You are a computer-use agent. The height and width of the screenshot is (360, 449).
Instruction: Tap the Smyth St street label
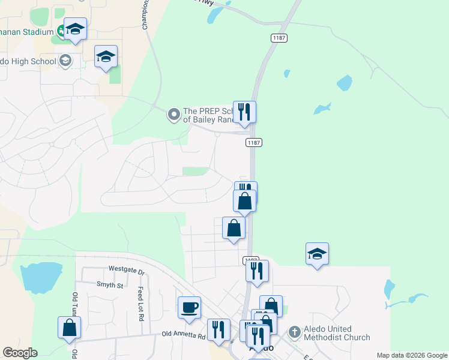point(110,285)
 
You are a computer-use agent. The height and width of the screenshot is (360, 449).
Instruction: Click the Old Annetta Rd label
point(184,335)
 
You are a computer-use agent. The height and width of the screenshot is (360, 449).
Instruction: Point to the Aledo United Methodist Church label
point(337,333)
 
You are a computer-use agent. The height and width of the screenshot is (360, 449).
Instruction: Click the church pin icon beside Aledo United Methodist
point(294,331)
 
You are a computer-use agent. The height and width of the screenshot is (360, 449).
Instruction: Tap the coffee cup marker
point(189,308)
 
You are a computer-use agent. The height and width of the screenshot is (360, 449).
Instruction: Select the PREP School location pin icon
point(174,113)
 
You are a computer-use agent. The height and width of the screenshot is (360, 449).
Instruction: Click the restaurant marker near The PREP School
point(244,112)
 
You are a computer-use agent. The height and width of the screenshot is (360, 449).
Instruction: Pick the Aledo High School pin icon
point(65,61)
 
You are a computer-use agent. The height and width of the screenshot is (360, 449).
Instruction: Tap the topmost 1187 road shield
point(279,38)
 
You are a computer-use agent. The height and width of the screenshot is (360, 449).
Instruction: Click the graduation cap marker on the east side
point(317,254)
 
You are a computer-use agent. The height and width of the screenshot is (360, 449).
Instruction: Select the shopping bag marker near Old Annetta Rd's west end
point(69,328)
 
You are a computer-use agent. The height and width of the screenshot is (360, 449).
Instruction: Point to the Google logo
point(20,353)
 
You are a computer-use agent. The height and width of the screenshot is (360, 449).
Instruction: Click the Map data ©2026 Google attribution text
point(412,355)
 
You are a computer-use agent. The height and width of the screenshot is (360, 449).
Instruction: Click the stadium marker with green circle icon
point(62,31)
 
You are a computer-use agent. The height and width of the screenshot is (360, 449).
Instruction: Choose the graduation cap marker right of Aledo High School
point(106,57)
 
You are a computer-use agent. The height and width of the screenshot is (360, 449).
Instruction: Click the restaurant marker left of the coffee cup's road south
point(218,330)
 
